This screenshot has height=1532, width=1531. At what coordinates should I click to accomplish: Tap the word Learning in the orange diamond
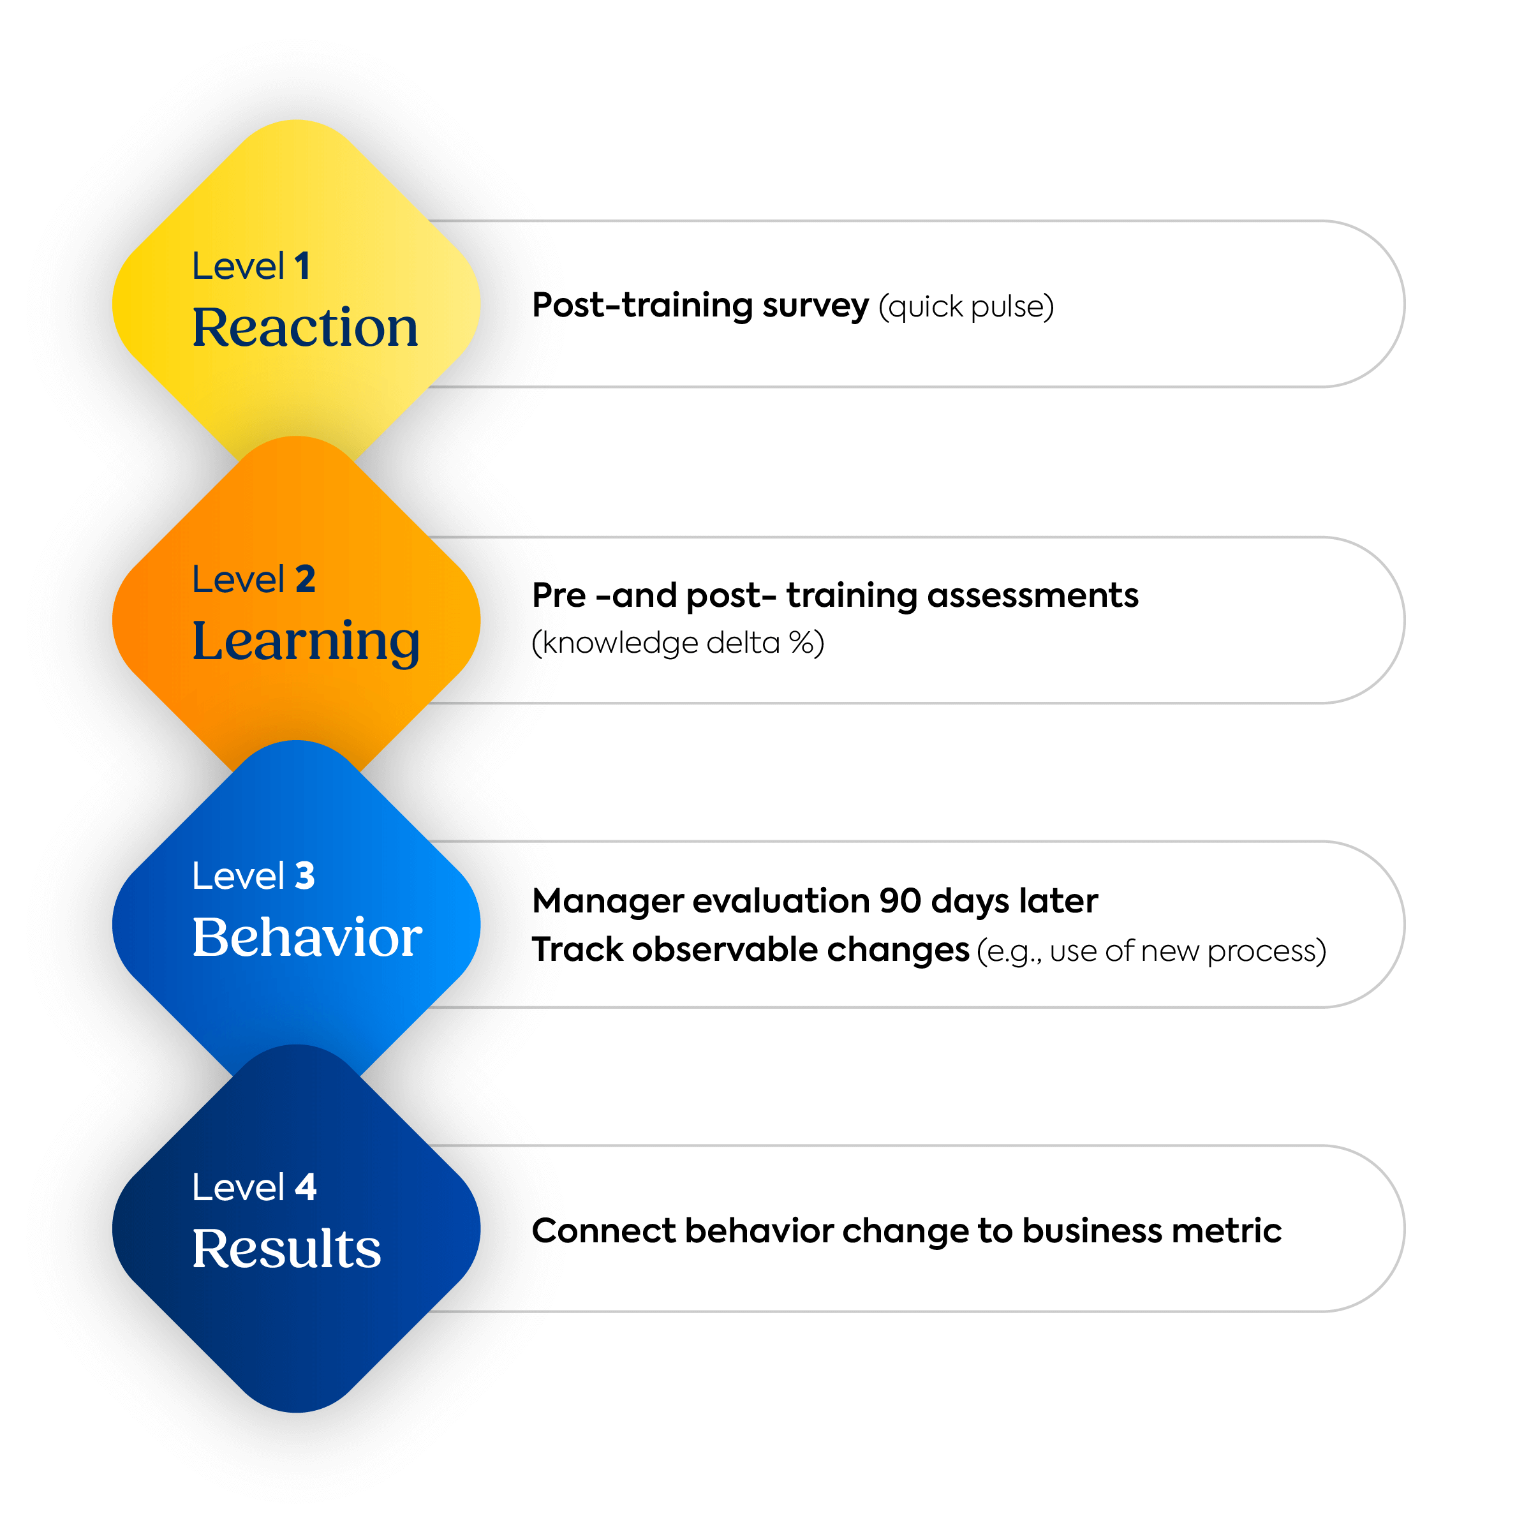click(x=306, y=641)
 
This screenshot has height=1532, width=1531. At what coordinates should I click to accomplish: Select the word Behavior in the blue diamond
click(x=307, y=937)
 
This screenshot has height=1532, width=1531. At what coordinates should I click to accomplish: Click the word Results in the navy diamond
click(x=286, y=1249)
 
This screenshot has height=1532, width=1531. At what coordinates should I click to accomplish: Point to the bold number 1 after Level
click(x=302, y=267)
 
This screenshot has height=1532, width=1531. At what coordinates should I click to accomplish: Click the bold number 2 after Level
click(x=306, y=579)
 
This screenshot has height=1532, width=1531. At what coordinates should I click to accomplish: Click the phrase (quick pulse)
click(x=966, y=307)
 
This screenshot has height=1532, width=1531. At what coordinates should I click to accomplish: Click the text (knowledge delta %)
click(x=678, y=643)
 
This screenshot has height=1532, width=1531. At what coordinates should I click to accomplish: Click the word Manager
click(x=607, y=902)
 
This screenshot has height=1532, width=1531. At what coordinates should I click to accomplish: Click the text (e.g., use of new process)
click(x=1151, y=951)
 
